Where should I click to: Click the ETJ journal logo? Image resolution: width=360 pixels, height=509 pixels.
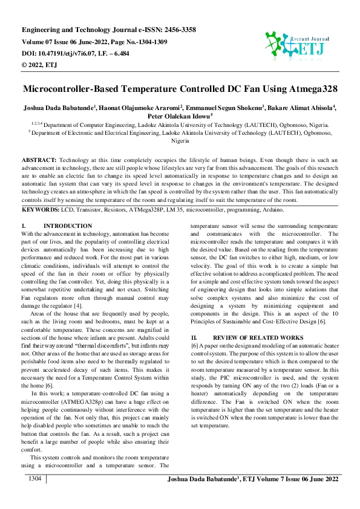point(295,43)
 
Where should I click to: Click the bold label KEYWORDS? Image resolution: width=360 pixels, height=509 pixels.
point(41,209)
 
